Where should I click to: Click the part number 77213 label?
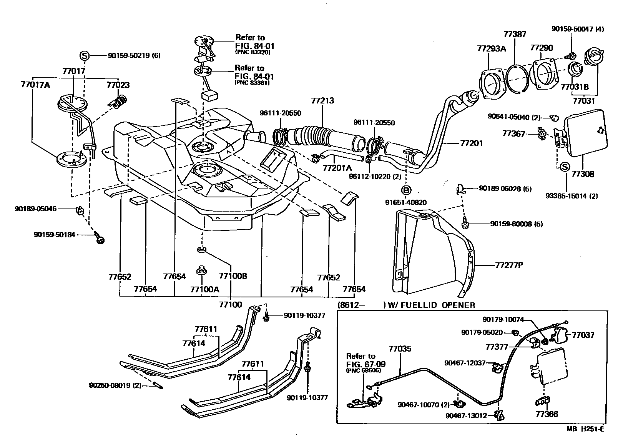tap(322, 101)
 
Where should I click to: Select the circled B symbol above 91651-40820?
tap(406, 190)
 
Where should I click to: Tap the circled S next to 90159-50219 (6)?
tap(84, 55)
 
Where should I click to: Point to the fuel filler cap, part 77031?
tap(594, 57)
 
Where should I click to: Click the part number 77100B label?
tap(233, 276)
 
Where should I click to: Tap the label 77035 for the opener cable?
tap(400, 349)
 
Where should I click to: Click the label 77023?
tap(118, 85)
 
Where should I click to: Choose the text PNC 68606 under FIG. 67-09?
tap(363, 370)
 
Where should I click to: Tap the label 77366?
tap(547, 414)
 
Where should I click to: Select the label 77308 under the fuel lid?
tap(583, 174)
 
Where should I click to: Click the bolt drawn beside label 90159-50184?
tap(101, 240)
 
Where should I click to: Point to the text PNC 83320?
tap(253, 52)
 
